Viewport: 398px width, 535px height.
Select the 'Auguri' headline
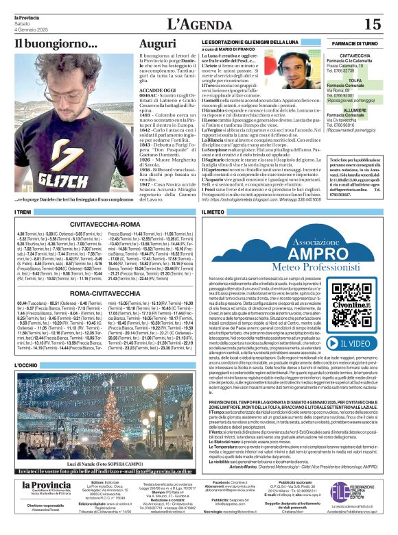coord(158,45)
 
